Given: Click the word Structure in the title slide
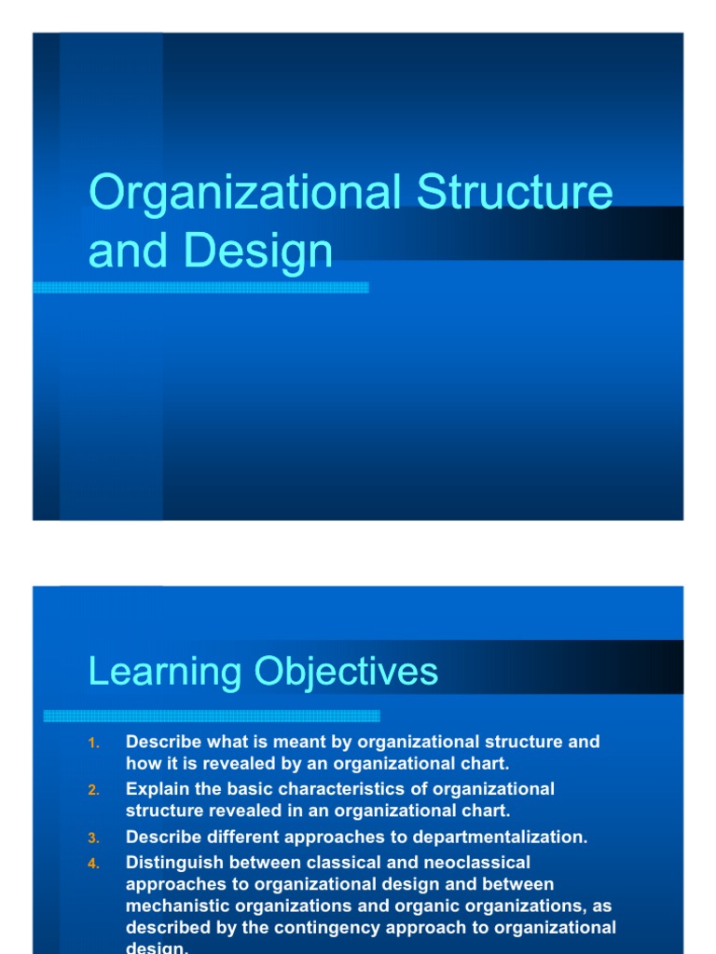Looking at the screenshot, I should [x=515, y=192].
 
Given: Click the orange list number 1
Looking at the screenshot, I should [x=92, y=743].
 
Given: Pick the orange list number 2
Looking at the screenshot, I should [x=92, y=790].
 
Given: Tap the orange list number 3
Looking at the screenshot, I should [x=92, y=838].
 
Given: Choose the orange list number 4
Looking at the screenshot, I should [x=92, y=864].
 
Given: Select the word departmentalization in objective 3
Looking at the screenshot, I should [x=503, y=838].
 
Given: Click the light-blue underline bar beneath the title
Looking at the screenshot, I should [x=200, y=288].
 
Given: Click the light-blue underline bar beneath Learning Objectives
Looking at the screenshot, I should [x=212, y=715].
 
